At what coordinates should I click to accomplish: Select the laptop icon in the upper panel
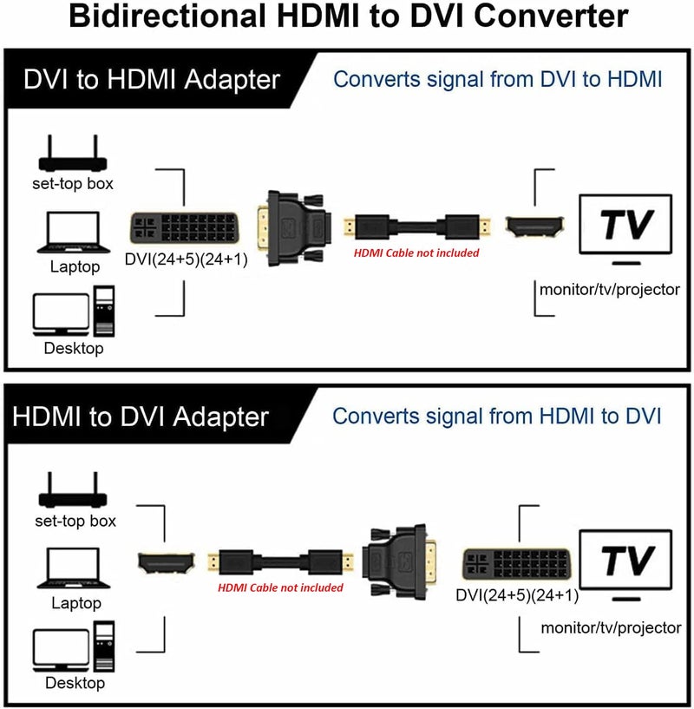coord(73,233)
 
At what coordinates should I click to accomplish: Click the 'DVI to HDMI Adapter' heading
coord(153,80)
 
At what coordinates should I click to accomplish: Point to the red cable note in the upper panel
coord(416,253)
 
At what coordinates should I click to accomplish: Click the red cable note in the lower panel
coord(280,588)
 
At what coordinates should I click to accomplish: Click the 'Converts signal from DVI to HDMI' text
coord(498,79)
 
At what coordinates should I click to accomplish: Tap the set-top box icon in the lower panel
coord(75,494)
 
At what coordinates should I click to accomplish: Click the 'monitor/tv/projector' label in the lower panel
coord(610,627)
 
